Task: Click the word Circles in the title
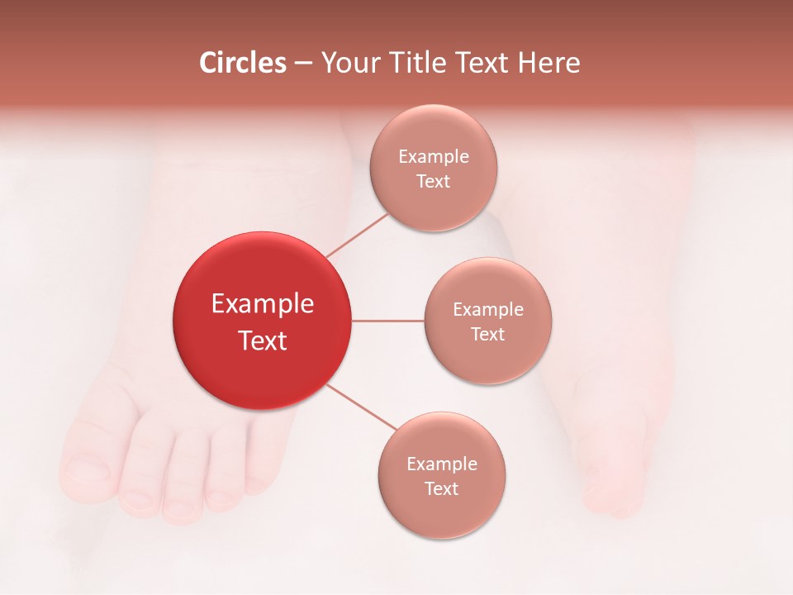pyautogui.click(x=243, y=63)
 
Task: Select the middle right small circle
pyautogui.click(x=487, y=355)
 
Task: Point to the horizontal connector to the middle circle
pyautogui.click(x=388, y=321)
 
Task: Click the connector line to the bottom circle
pyautogui.click(x=362, y=408)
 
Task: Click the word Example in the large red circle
pyautogui.click(x=263, y=304)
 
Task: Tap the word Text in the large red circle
pyautogui.click(x=263, y=340)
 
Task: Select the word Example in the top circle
pyautogui.click(x=434, y=157)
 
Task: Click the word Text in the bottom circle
pyautogui.click(x=441, y=489)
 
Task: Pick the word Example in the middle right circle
pyautogui.click(x=488, y=310)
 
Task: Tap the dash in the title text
pyautogui.click(x=303, y=64)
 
